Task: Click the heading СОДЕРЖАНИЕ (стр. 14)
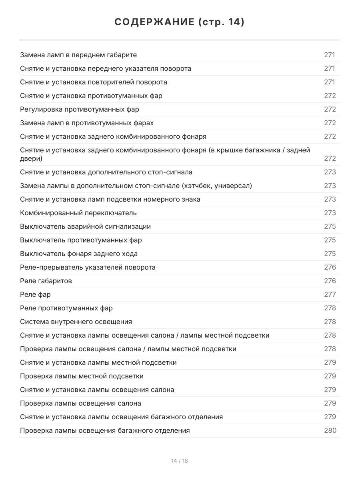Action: [x=180, y=22]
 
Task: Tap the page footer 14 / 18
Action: [x=180, y=461]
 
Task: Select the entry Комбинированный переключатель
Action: [x=78, y=213]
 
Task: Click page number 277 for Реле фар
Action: [x=330, y=294]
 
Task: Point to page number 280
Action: [x=330, y=430]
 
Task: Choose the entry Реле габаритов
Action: [x=46, y=281]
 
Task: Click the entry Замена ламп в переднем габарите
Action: [x=78, y=55]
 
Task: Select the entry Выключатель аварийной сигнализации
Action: [x=86, y=226]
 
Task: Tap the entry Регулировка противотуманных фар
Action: [x=80, y=109]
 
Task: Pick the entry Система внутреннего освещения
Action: [x=76, y=322]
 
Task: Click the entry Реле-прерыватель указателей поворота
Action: [x=88, y=267]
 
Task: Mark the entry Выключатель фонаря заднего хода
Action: [x=79, y=254]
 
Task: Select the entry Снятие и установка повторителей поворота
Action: [x=94, y=82]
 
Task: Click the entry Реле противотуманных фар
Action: [x=66, y=308]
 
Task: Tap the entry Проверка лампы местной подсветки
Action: [x=82, y=376]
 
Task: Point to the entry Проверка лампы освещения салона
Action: [x=80, y=403]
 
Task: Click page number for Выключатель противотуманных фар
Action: [x=330, y=240]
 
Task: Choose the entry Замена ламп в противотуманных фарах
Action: [x=87, y=123]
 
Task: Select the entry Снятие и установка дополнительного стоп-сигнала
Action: [x=106, y=172]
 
